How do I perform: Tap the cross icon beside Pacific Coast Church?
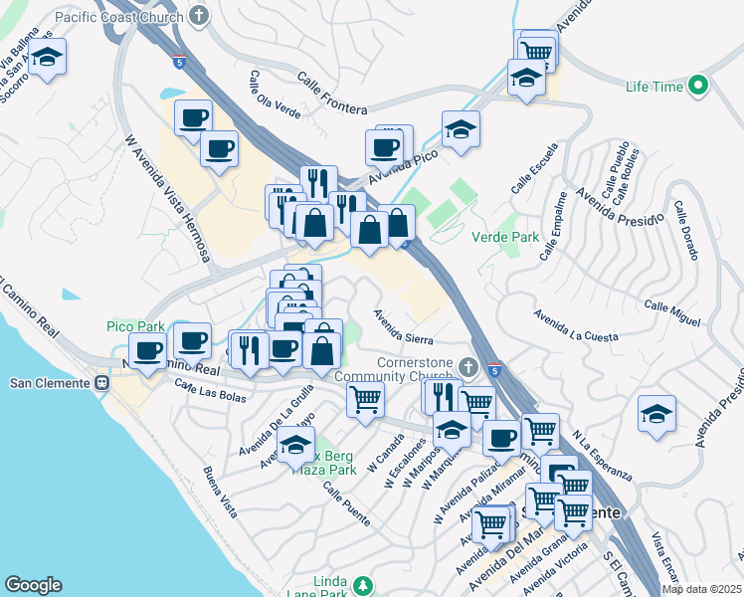[200, 16]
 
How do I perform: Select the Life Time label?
[654, 88]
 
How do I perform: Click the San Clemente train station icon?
[101, 382]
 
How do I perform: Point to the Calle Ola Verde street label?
[276, 95]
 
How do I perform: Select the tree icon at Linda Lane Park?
[364, 583]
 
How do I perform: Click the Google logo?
[33, 585]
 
